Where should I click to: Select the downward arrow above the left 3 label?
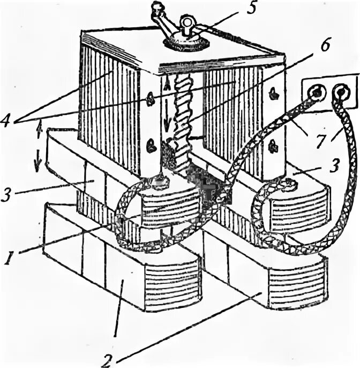click(37, 161)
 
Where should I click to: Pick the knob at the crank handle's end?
click(157, 8)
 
